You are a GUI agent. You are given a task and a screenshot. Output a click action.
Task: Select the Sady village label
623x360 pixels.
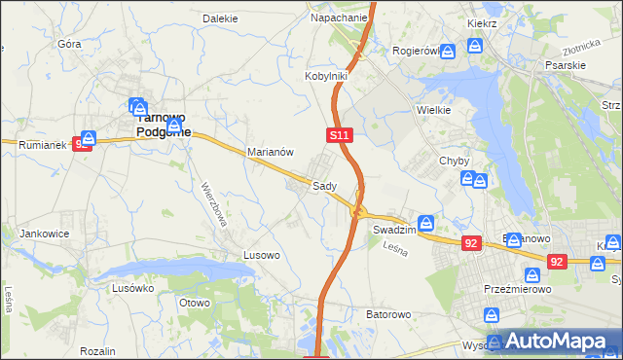point(324,186)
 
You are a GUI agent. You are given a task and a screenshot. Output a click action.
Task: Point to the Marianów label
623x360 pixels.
point(271,152)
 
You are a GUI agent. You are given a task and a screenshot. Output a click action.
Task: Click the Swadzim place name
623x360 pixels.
point(394,231)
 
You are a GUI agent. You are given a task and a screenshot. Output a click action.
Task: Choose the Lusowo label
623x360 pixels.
point(261,255)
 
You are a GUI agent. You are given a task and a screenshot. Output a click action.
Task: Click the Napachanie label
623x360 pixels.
point(338,18)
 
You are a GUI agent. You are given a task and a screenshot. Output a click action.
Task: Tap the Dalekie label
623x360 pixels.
point(220,18)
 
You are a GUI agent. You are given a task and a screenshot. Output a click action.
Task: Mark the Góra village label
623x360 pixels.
point(69,44)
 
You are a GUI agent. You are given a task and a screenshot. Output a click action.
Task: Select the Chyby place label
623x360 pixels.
point(455,162)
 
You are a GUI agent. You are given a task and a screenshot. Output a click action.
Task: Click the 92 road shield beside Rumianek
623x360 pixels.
point(83,144)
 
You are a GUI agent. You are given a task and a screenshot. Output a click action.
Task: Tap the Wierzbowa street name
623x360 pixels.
point(214,203)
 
